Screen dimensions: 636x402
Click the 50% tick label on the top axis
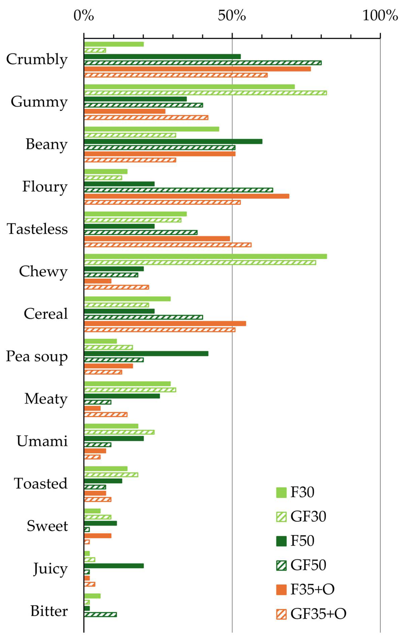(232, 16)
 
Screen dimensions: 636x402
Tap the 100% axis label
(380, 16)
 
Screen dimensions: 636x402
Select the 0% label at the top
(83, 16)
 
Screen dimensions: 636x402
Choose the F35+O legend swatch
(281, 590)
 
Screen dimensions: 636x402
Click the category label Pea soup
(37, 357)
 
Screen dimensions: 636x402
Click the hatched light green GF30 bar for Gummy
(205, 93)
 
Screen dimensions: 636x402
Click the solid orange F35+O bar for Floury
(187, 196)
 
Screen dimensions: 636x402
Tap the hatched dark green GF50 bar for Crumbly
(203, 63)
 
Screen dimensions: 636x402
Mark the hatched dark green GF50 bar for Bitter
(100, 615)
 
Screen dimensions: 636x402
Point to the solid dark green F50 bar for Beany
(173, 141)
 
